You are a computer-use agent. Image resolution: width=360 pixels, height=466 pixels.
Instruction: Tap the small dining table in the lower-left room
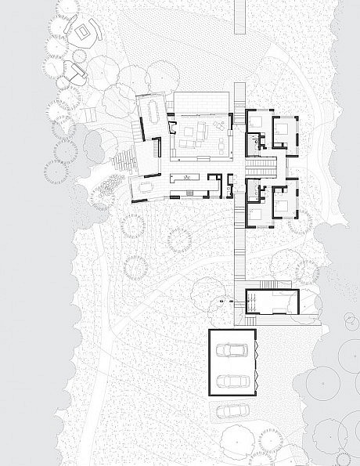pos(146,187)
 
